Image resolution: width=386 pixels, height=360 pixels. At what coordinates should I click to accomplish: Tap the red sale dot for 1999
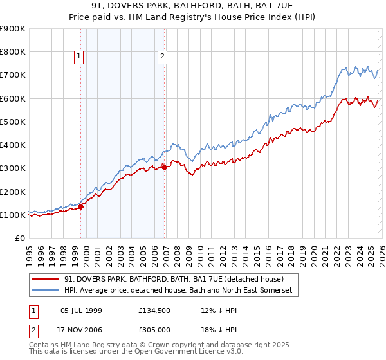pyautogui.click(x=81, y=206)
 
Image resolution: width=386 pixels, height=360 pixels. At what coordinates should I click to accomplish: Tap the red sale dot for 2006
pyautogui.click(x=165, y=167)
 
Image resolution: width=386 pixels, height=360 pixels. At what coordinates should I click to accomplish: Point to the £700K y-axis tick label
pyautogui.click(x=13, y=75)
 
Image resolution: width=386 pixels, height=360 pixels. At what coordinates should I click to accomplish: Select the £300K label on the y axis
pyautogui.click(x=13, y=168)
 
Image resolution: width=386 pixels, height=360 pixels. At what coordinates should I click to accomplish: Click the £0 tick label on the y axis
pyautogui.click(x=19, y=239)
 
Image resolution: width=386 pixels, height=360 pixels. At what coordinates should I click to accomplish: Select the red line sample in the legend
pyautogui.click(x=46, y=279)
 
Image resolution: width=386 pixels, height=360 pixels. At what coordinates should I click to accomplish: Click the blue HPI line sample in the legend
pyautogui.click(x=46, y=291)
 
